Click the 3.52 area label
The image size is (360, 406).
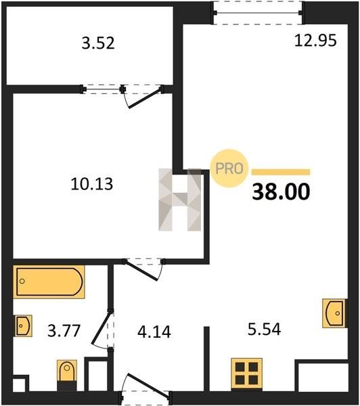[98, 43]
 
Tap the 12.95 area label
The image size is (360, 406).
[315, 41]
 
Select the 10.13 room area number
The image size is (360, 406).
[91, 184]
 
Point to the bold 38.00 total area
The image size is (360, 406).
[281, 191]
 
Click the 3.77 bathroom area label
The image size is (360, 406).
[64, 331]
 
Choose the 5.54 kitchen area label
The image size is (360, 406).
[264, 330]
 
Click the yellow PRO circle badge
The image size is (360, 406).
[229, 168]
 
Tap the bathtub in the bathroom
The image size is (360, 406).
[49, 281]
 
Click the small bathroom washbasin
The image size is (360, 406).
[23, 325]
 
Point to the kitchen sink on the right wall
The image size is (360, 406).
[334, 313]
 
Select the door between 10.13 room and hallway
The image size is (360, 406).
[143, 269]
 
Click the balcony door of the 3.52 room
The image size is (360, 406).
[143, 96]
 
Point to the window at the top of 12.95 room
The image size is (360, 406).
[258, 13]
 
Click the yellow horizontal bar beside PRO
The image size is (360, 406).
[281, 172]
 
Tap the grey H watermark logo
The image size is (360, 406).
[180, 200]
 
